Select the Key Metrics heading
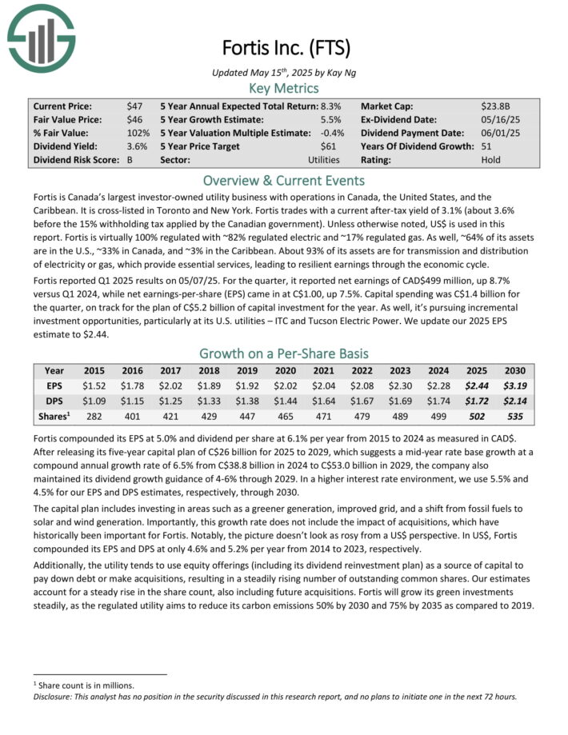(284, 88)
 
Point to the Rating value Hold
(492, 160)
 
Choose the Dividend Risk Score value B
(130, 160)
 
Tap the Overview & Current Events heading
(284, 180)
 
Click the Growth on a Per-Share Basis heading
(284, 353)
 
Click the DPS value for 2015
(94, 401)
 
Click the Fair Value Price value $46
(134, 119)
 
